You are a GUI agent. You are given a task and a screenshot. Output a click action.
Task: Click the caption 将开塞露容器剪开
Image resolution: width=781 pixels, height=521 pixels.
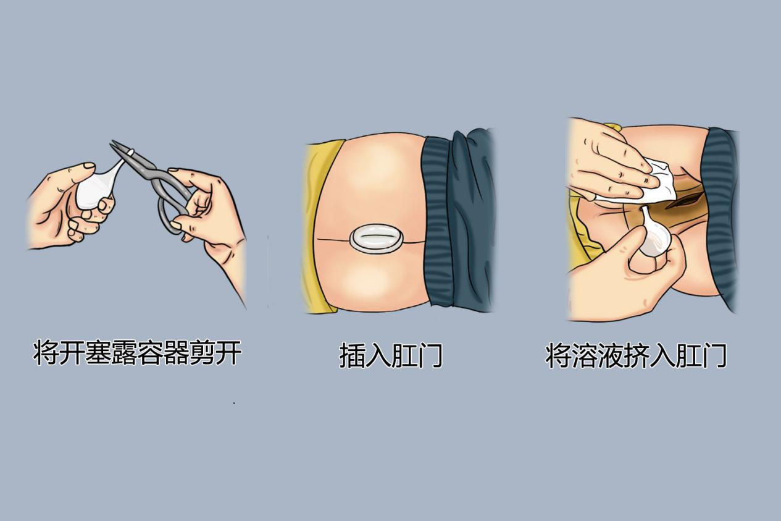coord(136,354)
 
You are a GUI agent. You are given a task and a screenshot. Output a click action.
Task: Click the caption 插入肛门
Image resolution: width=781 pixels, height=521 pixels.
coord(391,357)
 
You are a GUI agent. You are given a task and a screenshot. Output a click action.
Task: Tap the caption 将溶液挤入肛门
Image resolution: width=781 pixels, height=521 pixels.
coord(637,356)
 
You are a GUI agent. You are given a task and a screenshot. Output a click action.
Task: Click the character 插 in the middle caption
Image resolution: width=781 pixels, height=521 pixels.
coord(352,357)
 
